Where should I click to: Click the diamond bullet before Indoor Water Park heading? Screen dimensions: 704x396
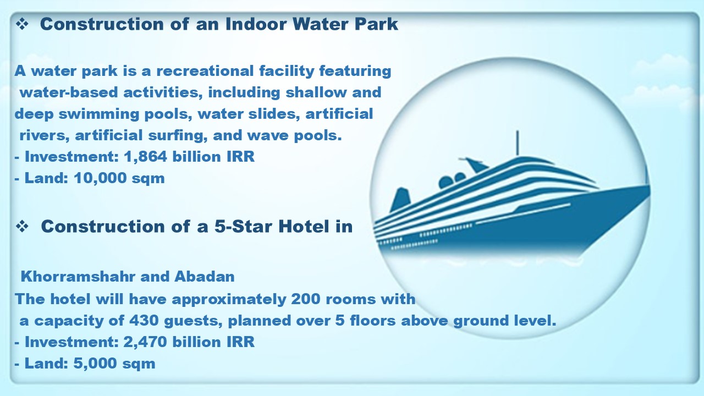(22, 24)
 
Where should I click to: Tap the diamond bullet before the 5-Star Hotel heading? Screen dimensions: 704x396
(22, 226)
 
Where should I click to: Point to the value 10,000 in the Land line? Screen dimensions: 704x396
(100, 178)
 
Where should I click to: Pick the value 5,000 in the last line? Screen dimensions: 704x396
(95, 363)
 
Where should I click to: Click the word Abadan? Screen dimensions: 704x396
(205, 277)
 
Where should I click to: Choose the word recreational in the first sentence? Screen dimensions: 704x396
(205, 71)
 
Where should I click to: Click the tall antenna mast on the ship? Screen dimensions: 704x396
(518, 143)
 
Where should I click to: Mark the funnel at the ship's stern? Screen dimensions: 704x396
(400, 199)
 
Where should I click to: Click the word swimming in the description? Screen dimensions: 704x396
(99, 114)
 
